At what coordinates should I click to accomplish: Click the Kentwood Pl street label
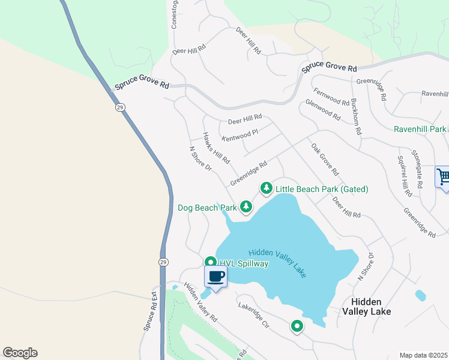tap(240, 135)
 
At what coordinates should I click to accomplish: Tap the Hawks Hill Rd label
tap(216, 149)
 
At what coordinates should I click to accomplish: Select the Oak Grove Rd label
tap(325, 159)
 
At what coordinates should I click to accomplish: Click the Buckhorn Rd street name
tap(357, 116)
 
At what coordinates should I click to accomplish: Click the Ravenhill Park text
tap(420, 129)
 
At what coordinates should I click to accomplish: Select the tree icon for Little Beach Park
tap(266, 189)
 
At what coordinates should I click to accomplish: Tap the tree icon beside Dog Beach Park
tap(246, 207)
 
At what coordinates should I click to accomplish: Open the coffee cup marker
tap(216, 277)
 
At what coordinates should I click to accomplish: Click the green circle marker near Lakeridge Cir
tap(297, 326)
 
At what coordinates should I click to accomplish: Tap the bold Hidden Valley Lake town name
tap(366, 307)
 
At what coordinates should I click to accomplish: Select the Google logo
tap(20, 353)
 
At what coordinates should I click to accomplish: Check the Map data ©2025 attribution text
tap(423, 355)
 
